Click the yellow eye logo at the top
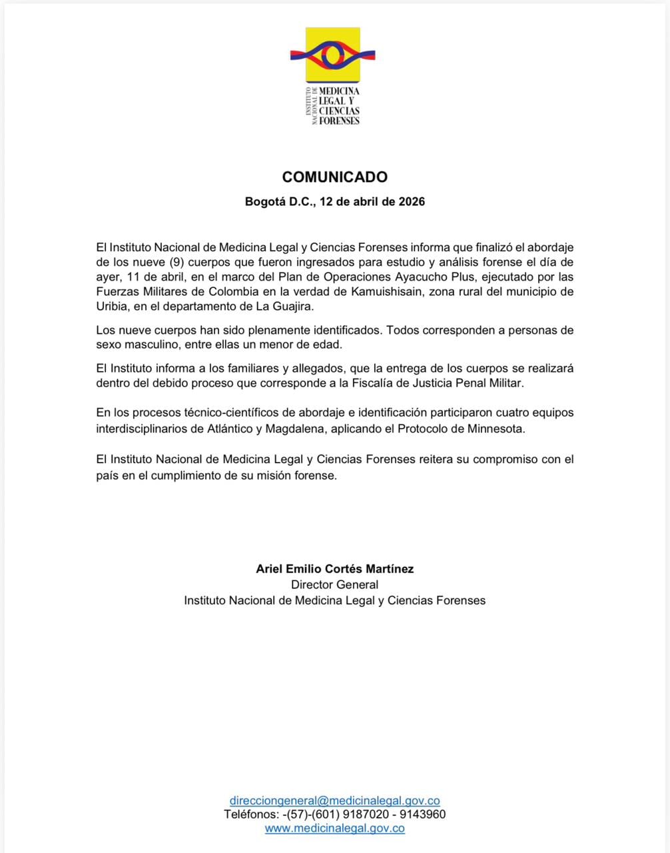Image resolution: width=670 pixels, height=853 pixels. click(333, 55)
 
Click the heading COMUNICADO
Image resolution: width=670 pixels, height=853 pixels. click(334, 177)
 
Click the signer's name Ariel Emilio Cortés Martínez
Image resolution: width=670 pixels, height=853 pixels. click(334, 568)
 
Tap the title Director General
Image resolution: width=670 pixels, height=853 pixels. click(334, 584)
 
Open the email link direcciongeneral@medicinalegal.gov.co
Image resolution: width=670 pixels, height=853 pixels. click(334, 800)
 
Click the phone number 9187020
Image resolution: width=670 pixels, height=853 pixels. click(369, 814)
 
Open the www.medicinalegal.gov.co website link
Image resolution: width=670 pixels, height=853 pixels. click(334, 828)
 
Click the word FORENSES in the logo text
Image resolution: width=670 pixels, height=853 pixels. click(339, 121)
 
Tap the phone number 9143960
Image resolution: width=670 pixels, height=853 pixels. click(424, 814)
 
